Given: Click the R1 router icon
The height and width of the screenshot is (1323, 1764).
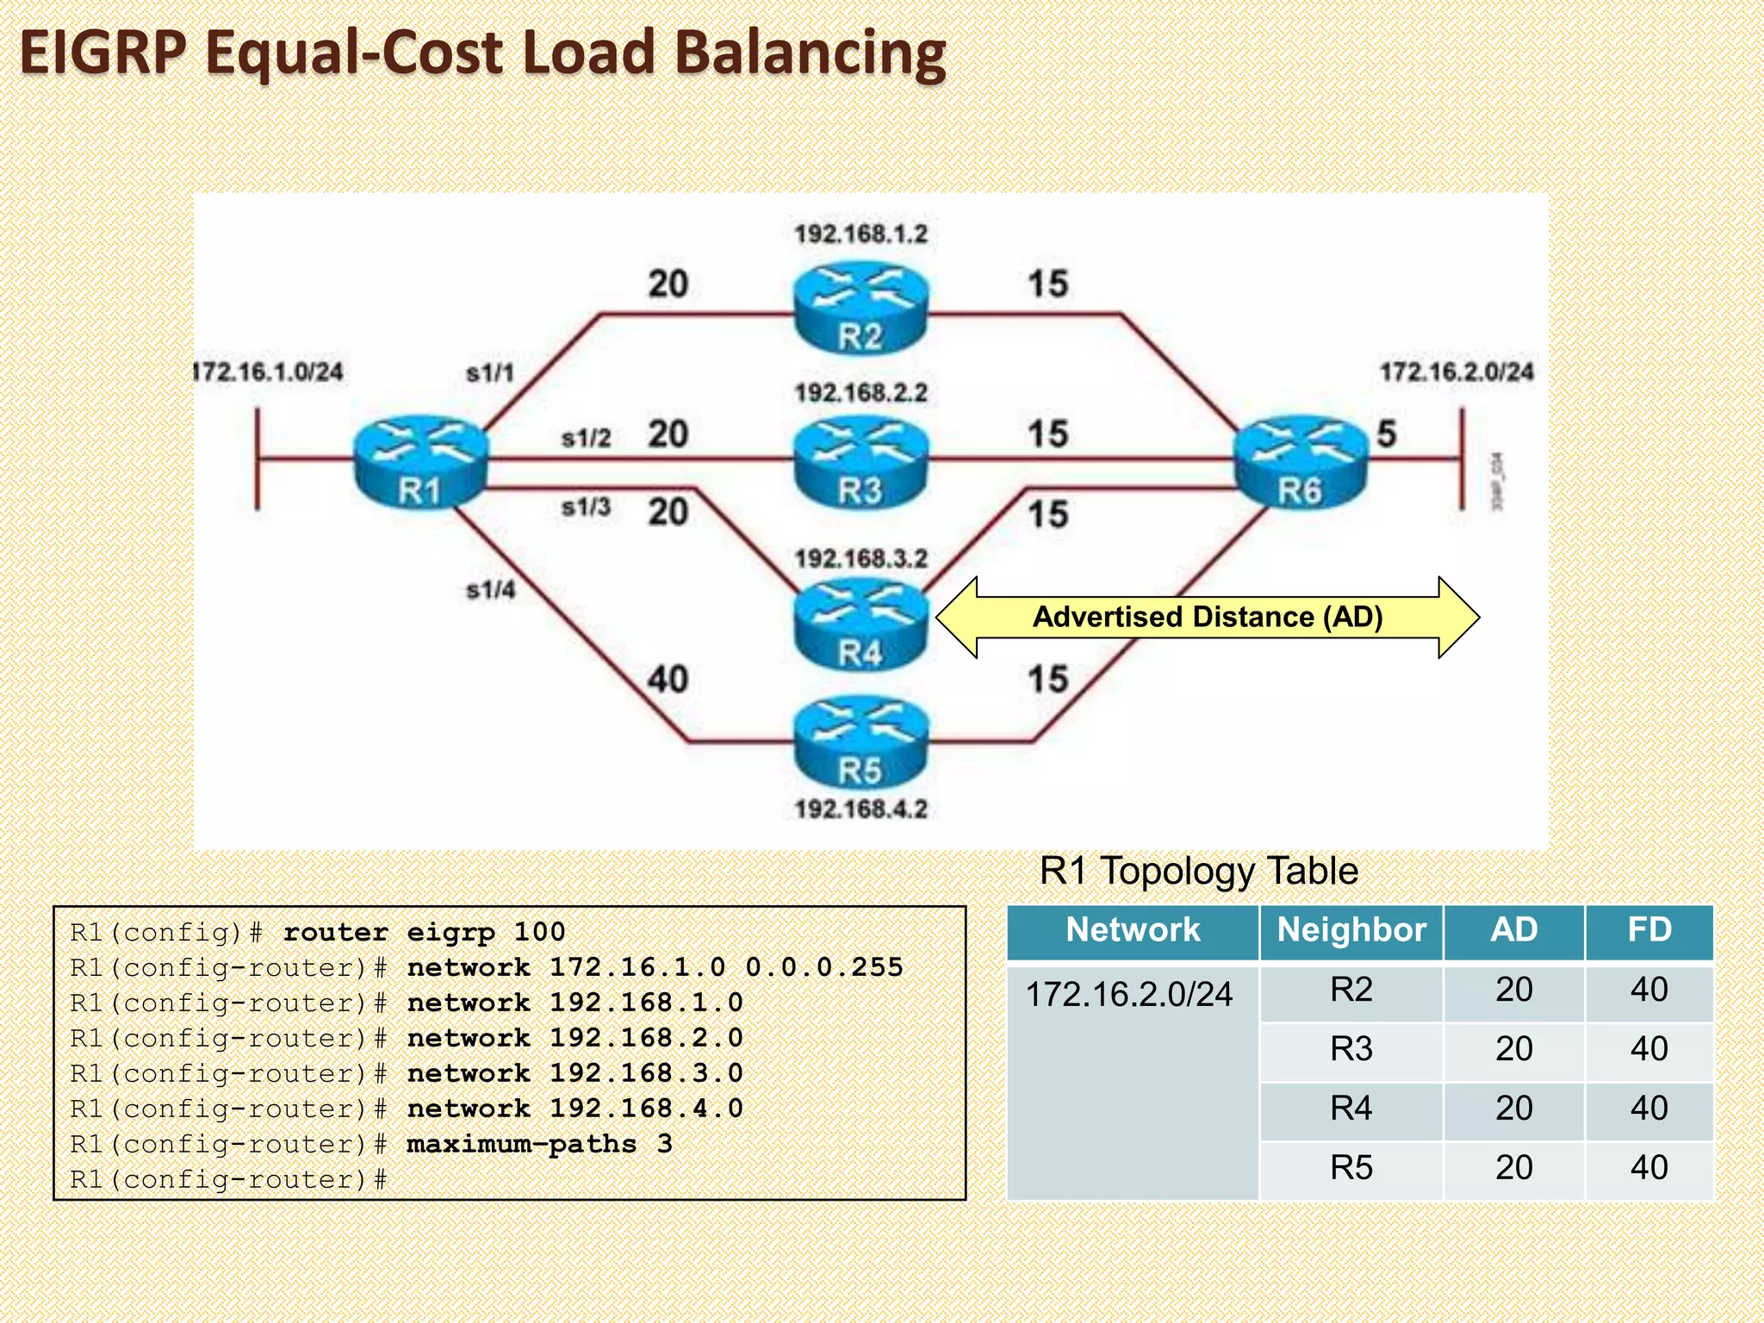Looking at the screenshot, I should pos(420,463).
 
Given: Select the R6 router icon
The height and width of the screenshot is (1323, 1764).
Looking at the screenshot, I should pos(1300,463).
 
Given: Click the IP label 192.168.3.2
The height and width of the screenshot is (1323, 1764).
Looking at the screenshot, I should pos(860,558).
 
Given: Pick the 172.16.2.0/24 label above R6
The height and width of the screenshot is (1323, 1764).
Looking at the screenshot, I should pos(1457,372).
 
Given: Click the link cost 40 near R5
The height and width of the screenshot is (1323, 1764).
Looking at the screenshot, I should pos(668,680).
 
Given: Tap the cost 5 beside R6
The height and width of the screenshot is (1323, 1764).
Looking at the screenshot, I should pos(1386,433).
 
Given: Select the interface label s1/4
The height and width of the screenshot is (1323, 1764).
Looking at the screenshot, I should pos(490,590).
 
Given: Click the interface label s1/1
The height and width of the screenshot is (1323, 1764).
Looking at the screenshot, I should pos(490,373).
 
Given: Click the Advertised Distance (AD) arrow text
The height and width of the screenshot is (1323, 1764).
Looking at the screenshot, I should pos(1208,617).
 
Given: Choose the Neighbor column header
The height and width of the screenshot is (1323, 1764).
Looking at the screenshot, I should pos(1351,930).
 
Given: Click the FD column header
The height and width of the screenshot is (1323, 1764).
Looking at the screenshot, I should pos(1649,930).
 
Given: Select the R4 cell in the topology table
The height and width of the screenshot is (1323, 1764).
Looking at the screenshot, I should pos(1351,1109).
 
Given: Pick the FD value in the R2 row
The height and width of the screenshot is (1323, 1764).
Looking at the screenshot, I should pos(1649,990).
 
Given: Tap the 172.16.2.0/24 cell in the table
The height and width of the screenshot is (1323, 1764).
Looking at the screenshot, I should pos(1129,995).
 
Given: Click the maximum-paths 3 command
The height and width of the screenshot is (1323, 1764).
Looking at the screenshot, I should pos(539,1144).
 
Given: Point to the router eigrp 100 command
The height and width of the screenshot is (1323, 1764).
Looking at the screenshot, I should pos(424,932).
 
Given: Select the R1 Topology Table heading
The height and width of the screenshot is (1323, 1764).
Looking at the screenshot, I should pos(1198,871).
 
